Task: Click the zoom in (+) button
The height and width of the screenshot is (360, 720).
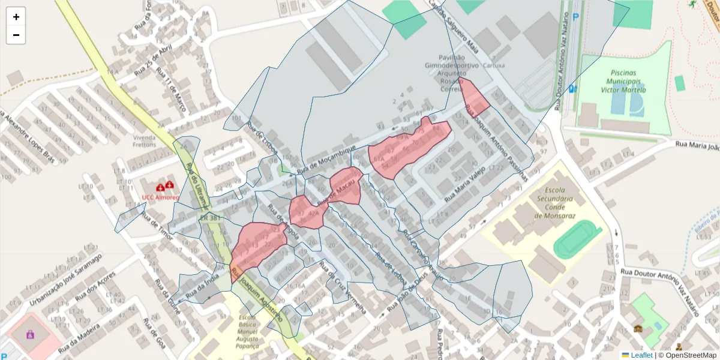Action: click(16, 17)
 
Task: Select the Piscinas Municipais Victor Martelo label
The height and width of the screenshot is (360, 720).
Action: click(624, 81)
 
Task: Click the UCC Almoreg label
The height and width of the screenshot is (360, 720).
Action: click(160, 197)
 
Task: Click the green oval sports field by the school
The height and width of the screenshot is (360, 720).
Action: click(577, 239)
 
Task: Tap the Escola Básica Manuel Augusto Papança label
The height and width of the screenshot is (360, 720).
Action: click(248, 331)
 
